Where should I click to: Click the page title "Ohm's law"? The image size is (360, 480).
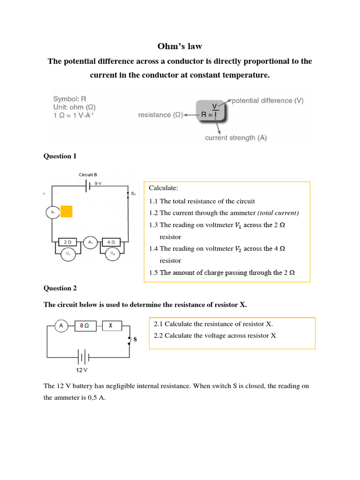tap(180, 46)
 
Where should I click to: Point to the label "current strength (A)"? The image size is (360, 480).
tap(236, 138)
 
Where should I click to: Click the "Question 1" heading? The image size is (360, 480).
tap(60, 156)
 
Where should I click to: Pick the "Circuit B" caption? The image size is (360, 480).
tap(88, 175)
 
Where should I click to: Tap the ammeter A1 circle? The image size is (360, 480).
tap(52, 212)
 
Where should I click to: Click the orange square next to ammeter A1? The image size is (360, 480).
tap(67, 212)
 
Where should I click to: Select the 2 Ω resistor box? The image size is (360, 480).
tap(67, 242)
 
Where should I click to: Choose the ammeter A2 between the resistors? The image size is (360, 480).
tap(90, 242)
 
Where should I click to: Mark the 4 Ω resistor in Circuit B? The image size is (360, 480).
tap(112, 242)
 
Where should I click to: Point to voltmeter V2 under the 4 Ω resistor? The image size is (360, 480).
tap(112, 254)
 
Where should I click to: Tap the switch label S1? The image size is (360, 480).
tap(133, 193)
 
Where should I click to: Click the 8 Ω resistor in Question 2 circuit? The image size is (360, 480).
tap(85, 326)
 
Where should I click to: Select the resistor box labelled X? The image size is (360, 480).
tap(112, 326)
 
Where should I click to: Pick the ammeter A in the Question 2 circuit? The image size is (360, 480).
tap(61, 326)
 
